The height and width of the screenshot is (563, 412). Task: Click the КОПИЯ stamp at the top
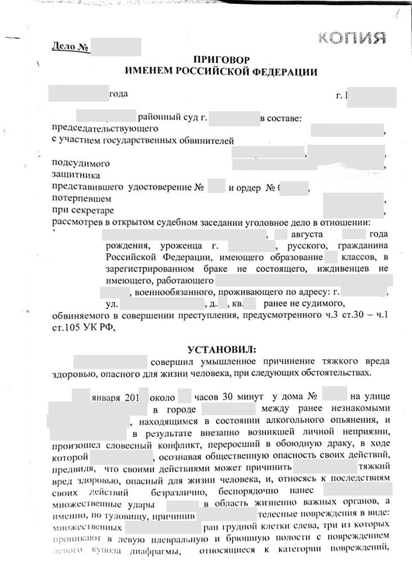point(352,38)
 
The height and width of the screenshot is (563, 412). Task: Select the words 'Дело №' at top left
point(70,46)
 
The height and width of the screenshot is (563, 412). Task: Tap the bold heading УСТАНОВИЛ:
point(220,349)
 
